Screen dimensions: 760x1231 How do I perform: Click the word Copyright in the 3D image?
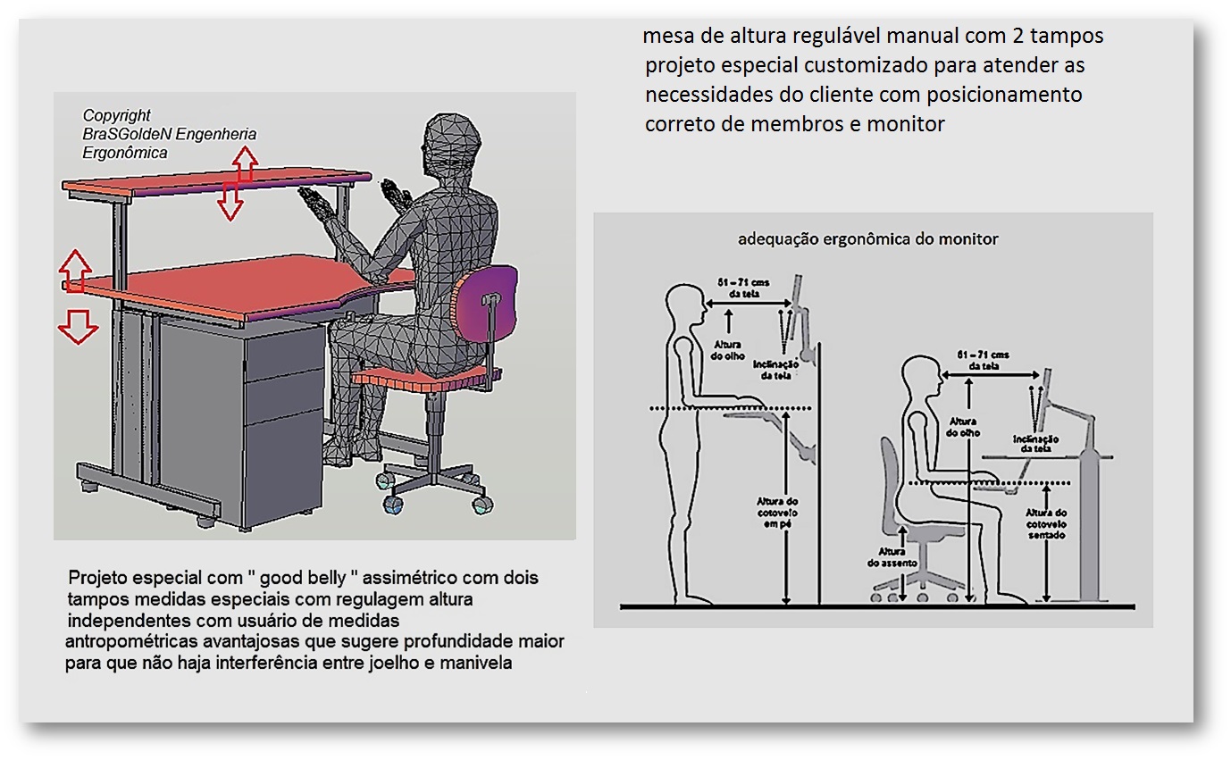(116, 116)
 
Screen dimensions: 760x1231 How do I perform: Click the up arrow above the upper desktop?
(244, 163)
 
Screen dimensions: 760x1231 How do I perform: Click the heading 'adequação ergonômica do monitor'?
(867, 239)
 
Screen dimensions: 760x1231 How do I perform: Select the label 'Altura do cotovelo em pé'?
(776, 513)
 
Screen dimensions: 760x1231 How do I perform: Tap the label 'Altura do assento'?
(886, 557)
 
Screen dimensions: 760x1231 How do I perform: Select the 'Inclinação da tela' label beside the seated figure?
(1035, 444)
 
